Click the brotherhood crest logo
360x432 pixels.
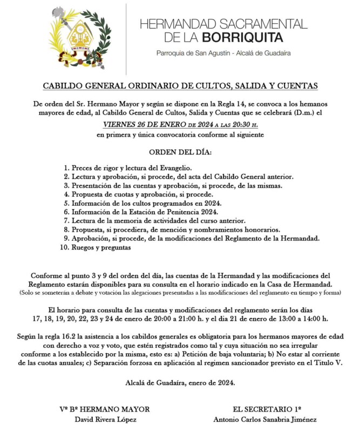coord(81,37)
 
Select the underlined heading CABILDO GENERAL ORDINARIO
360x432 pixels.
coord(180,86)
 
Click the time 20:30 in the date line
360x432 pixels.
coord(246,124)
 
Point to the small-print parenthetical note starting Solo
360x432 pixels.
coord(180,293)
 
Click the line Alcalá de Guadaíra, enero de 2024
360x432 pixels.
coord(180,382)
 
